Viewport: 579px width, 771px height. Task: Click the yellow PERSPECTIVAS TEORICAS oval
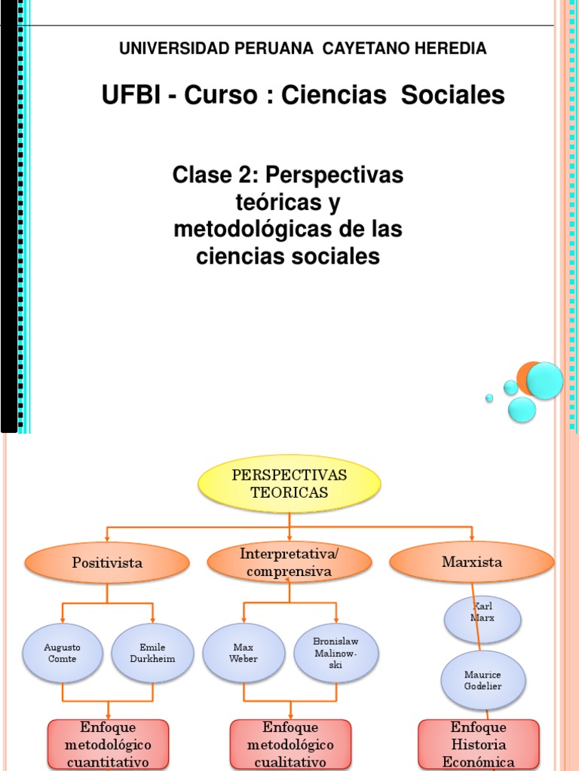coord(289,484)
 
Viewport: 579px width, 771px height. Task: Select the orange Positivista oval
coord(107,562)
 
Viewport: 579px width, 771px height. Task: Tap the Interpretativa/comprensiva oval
coord(289,562)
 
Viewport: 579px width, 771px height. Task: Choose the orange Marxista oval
coord(472,562)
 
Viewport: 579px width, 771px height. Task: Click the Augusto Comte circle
coord(62,653)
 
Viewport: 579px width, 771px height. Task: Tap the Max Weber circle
coord(244,653)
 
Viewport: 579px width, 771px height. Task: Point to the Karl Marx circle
coord(482,619)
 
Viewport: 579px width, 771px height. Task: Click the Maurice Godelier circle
coord(482,680)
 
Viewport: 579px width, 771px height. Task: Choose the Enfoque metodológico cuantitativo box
coord(109,744)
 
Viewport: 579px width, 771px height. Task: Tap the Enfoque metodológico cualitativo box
coord(290,744)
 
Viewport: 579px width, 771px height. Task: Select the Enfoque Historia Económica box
coord(478,744)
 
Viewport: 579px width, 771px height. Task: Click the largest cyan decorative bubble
coord(544,380)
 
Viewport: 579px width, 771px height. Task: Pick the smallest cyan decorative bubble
coord(489,398)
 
